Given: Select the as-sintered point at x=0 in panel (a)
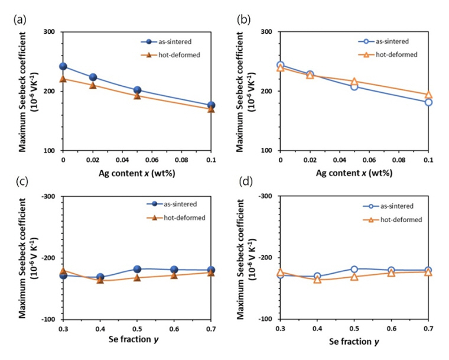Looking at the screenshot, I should pos(63,66).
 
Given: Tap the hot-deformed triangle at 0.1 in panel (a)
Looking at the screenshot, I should pos(211,109).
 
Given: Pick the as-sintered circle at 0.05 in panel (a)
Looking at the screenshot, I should pos(137,90).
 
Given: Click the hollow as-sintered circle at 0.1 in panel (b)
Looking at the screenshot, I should pos(428,102).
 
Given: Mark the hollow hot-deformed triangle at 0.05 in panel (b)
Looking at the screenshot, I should pos(354,81).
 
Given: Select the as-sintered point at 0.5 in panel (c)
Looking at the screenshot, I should pos(137,269).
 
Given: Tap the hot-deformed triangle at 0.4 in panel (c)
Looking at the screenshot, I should pos(100,280).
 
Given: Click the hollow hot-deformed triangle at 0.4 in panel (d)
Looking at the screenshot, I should pos(317,280).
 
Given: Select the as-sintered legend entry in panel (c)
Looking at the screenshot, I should pos(176,204).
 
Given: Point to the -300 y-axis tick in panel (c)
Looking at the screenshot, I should pos(47,196).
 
